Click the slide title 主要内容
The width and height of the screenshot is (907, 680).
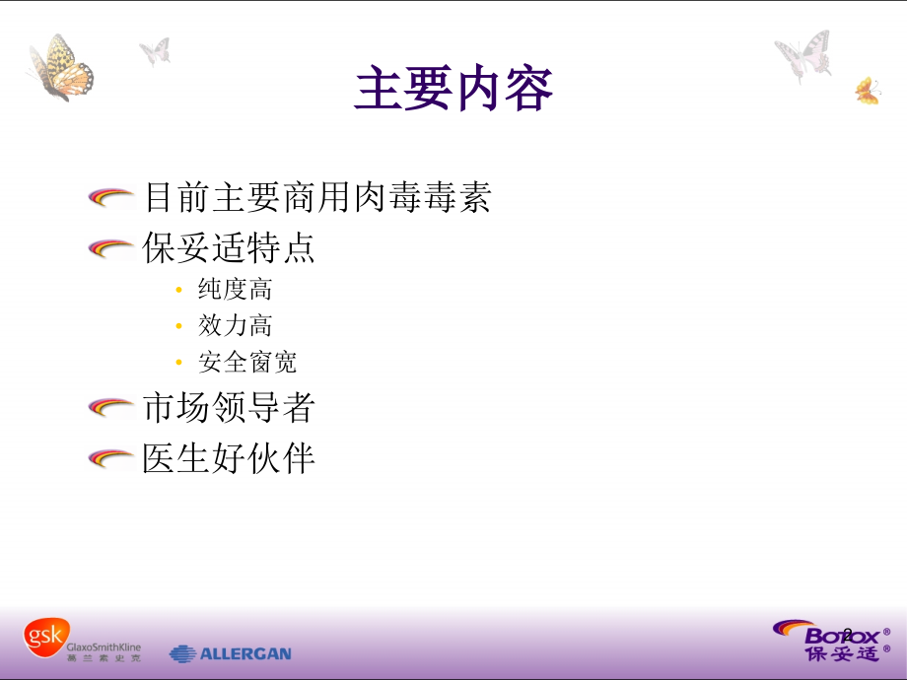[453, 90]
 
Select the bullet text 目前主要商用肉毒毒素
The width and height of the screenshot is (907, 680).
[316, 198]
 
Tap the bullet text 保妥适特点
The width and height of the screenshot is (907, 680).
[229, 248]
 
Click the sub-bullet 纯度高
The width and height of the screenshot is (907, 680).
[235, 290]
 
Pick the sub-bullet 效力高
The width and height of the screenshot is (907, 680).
[235, 326]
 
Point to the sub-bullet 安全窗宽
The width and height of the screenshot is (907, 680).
[246, 363]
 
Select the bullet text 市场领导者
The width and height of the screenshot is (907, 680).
[229, 407]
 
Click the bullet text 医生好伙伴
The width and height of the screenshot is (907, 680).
[229, 458]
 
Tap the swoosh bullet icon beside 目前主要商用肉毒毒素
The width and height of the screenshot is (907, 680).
[110, 199]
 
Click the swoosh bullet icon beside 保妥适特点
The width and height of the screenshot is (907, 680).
[110, 249]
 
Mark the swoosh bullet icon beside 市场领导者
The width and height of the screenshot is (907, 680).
[110, 408]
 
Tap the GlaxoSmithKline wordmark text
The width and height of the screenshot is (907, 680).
[105, 646]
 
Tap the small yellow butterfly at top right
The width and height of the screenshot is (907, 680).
[868, 91]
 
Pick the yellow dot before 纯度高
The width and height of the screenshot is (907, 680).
[178, 291]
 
